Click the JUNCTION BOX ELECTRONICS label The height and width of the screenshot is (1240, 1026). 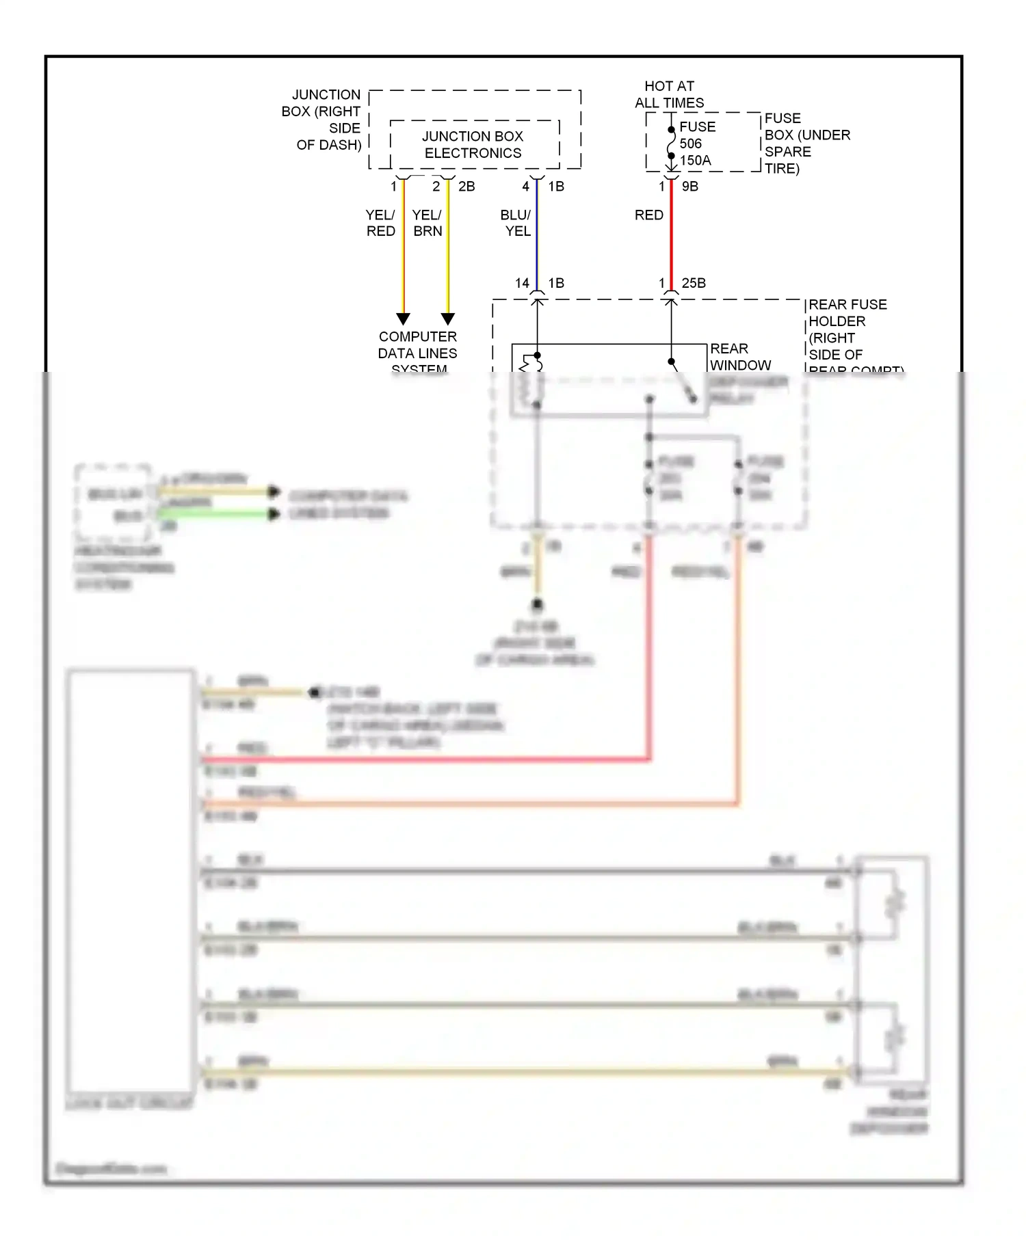pos(473,144)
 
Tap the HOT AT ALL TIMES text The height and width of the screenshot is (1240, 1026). pos(669,94)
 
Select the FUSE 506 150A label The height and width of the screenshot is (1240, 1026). pos(696,144)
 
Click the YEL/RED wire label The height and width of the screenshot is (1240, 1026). pos(380,223)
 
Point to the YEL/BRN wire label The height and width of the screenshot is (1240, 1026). pos(427,223)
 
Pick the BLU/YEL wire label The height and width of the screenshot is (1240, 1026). pos(516,223)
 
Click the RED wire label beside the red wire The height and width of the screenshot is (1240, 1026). pos(648,215)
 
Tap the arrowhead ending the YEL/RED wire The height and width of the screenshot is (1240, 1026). pos(404,319)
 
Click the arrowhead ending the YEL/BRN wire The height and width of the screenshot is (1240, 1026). pos(448,319)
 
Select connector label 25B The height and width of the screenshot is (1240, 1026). pos(693,283)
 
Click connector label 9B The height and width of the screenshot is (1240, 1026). pos(689,186)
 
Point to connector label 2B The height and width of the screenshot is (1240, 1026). pos(466,186)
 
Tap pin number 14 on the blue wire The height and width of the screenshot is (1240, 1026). pos(522,283)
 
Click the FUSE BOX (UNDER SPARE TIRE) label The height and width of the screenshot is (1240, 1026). pos(807,144)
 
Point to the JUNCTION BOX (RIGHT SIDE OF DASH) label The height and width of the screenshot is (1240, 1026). pos(321,120)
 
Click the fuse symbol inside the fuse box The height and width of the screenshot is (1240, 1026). pos(671,142)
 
